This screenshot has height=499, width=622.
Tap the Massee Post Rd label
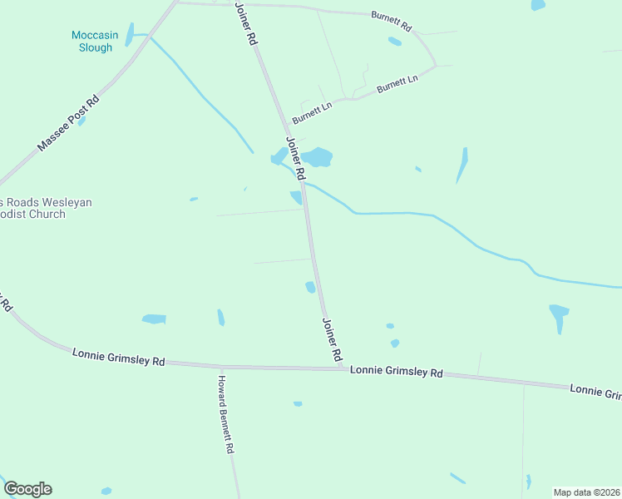[68, 123]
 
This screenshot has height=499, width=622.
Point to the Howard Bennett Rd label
[225, 414]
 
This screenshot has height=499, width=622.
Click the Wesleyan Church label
[45, 208]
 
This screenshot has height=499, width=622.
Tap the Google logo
[27, 489]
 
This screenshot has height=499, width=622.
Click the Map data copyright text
[585, 492]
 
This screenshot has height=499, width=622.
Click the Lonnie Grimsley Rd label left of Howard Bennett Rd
[119, 358]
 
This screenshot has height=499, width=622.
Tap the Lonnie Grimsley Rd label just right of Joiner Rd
[397, 372]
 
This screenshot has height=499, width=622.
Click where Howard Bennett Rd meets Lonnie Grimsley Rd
[220, 366]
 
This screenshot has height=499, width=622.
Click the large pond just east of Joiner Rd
[317, 157]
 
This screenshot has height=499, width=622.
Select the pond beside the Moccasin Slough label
[129, 35]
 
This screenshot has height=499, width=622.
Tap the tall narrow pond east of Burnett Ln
[462, 164]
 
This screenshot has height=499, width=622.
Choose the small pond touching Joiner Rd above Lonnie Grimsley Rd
[310, 287]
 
